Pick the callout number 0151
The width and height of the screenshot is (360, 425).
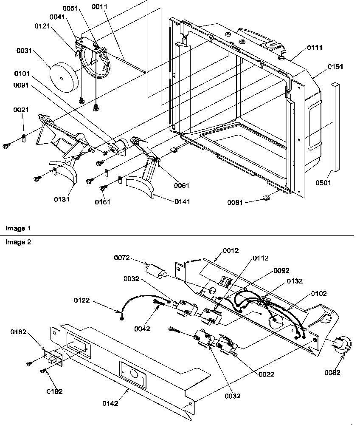coord(335,67)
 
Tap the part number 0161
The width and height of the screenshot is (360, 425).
coord(102,202)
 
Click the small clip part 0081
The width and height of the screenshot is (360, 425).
coord(267,197)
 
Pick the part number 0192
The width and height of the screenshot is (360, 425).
coord(54,391)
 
